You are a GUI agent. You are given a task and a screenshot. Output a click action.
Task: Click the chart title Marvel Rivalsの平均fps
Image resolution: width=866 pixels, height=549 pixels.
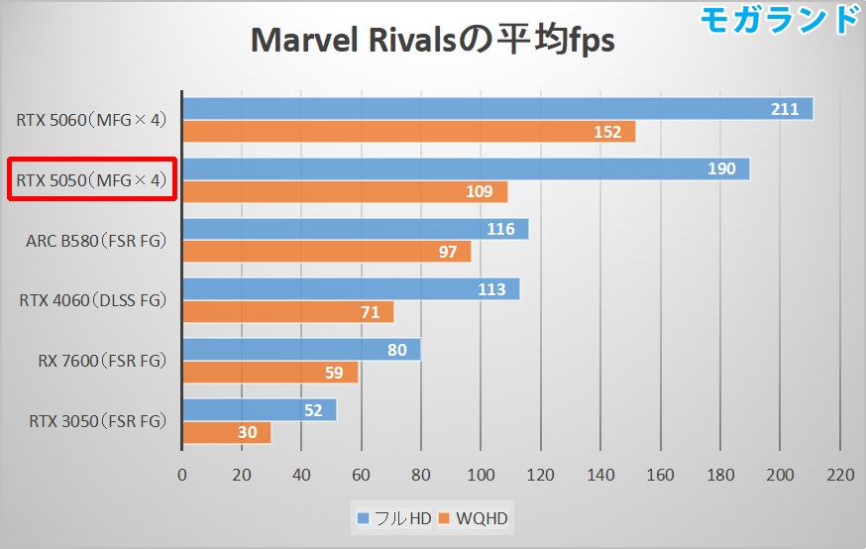pos(432,41)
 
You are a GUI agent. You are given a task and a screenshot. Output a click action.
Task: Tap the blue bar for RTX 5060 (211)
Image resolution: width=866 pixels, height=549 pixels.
pos(495,109)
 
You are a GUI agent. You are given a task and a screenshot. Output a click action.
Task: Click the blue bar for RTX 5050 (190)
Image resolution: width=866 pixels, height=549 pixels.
pos(466,168)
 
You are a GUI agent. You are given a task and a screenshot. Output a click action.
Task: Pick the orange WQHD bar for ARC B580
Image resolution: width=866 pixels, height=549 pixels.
pos(327,252)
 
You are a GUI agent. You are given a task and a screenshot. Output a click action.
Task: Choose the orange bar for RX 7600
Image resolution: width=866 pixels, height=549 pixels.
pos(270,373)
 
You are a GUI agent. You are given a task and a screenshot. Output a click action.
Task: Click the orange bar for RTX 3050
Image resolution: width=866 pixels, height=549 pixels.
pos(226,433)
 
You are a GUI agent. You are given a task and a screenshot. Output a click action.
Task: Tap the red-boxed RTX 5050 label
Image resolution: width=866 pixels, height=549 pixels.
pos(92,180)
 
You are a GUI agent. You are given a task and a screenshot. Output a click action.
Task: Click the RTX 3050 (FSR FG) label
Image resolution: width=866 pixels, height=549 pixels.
pos(92,421)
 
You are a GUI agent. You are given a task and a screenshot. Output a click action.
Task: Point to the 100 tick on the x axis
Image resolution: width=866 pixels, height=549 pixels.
pos(481,475)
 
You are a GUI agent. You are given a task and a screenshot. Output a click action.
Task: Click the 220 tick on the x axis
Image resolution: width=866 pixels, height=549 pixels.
pos(840,475)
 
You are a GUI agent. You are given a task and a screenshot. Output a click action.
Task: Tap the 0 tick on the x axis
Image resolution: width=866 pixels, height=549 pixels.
pos(182,475)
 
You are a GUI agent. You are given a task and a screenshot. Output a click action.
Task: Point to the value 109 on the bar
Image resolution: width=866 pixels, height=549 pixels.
pos(479,192)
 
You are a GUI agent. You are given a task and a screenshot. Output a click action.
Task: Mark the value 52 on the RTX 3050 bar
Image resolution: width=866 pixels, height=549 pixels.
pos(313,410)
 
